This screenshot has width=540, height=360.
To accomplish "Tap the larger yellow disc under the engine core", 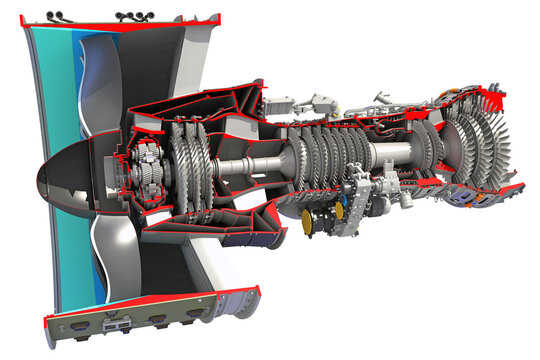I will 311,217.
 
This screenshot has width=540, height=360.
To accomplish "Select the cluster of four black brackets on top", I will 131,16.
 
